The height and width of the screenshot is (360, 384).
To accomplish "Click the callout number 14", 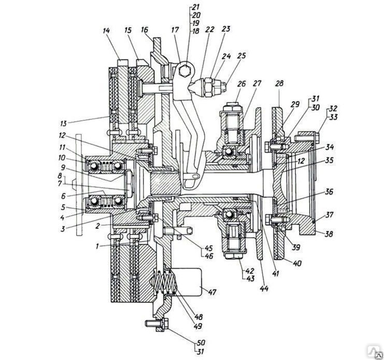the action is pyautogui.click(x=106, y=31).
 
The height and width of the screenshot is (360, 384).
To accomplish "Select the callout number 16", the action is pyautogui.click(x=145, y=30).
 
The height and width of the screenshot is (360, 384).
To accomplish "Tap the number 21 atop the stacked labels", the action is pyautogui.click(x=196, y=7).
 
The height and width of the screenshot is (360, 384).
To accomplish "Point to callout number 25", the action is pyautogui.click(x=241, y=56).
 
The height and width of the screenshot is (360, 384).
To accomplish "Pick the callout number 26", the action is pyautogui.click(x=241, y=84).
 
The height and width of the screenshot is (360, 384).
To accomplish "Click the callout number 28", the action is pyautogui.click(x=279, y=84).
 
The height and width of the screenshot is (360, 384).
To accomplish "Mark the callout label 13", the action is pyautogui.click(x=63, y=123).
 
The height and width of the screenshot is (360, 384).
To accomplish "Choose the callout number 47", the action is pyautogui.click(x=212, y=292).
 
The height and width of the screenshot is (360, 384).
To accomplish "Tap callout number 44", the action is pyautogui.click(x=264, y=288).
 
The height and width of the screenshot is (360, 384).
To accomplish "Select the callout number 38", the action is pyautogui.click(x=329, y=234).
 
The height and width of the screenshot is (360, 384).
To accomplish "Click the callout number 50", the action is pyautogui.click(x=201, y=342).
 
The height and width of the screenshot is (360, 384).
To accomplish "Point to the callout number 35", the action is pyautogui.click(x=329, y=160).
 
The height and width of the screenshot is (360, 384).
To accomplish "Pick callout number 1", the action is pyautogui.click(x=97, y=246).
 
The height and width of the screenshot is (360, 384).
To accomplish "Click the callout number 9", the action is pyautogui.click(x=63, y=168).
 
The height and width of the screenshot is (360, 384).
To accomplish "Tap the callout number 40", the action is pyautogui.click(x=297, y=264).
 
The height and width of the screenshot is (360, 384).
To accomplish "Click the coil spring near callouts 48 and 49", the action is pyautogui.click(x=165, y=281).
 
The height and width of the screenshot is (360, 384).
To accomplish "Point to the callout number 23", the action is pyautogui.click(x=225, y=29).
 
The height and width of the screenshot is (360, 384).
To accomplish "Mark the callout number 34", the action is pyautogui.click(x=329, y=147).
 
